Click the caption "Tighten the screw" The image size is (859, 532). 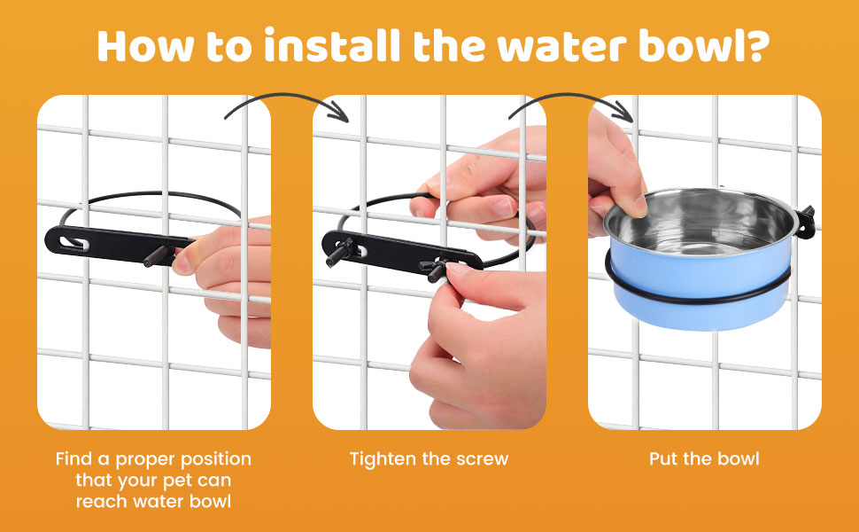429,459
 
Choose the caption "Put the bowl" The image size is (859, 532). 704,459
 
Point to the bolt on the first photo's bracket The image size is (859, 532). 159,256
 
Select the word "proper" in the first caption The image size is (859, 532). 148,459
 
